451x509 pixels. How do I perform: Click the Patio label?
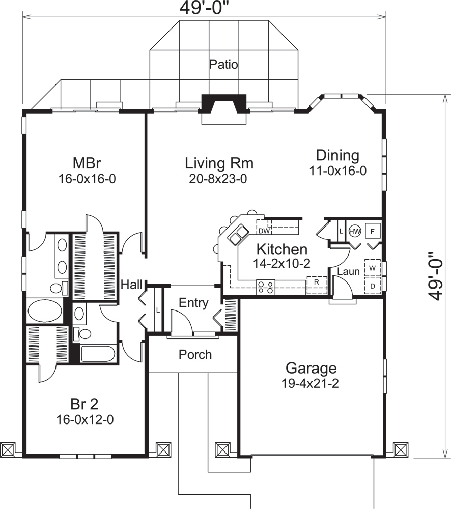pos(223,65)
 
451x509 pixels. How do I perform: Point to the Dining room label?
pos(337,155)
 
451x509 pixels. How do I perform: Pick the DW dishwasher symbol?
pos(263,231)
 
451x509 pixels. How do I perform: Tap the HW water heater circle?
pos(355,231)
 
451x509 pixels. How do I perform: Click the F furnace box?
pos(373,231)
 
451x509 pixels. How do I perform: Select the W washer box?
pos(373,268)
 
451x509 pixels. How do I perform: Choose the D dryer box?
pos(373,286)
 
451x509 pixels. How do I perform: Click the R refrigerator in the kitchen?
pos(316,281)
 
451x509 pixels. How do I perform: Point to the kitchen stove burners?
pos(265,287)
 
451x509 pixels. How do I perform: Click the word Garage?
pos(311,367)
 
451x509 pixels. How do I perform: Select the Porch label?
pos(195,354)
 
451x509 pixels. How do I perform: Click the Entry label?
pos(193,303)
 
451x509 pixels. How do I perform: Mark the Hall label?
pos(131,285)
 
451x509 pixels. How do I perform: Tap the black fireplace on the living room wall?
pos(224,104)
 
